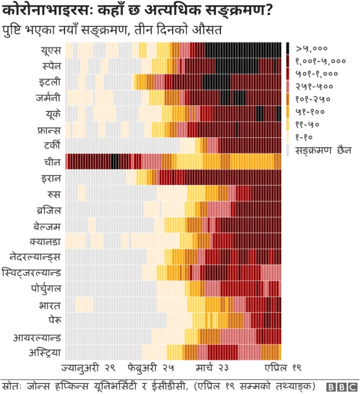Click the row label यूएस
[51, 50]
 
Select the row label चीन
[52, 162]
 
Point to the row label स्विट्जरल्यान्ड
[33, 273]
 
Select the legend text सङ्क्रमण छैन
[320, 150]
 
